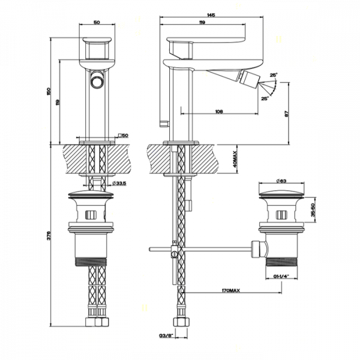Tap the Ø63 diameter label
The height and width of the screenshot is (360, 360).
(281, 180)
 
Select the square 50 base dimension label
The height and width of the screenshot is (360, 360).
(124, 135)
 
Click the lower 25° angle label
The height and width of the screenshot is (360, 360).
(265, 99)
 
